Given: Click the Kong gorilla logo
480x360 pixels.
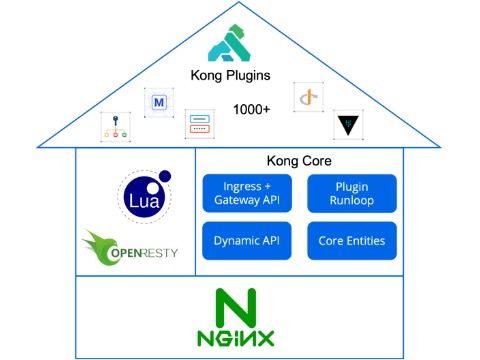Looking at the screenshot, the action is [x=229, y=43].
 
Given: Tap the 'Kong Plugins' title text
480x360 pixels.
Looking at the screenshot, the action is [x=230, y=76].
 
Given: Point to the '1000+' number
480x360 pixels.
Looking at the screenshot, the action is [x=251, y=109].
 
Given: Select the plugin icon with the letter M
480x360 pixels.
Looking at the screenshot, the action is [x=159, y=102].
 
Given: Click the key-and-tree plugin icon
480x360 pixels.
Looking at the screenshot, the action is [x=115, y=127].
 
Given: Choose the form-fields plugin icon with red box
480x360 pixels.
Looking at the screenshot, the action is [x=200, y=124].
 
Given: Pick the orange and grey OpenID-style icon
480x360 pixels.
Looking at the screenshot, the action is [x=309, y=97].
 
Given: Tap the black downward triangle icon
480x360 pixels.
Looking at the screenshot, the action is [x=348, y=125].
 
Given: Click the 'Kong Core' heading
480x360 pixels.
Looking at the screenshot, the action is [x=299, y=161].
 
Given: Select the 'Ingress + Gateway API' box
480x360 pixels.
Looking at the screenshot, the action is [x=247, y=193].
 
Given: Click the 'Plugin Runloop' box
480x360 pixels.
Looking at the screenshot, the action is [x=352, y=193].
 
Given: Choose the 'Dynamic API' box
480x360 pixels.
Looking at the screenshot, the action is [x=247, y=241].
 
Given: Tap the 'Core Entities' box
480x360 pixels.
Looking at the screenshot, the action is [x=352, y=241].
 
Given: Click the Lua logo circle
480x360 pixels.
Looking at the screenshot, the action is [x=144, y=197].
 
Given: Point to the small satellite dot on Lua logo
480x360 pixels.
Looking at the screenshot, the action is [x=165, y=176].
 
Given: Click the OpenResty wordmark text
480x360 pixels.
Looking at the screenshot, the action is [x=144, y=253].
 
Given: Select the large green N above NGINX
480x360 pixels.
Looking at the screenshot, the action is [x=236, y=308].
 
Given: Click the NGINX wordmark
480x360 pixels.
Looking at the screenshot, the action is [x=236, y=338].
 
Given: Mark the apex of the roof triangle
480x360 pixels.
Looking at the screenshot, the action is [x=239, y=2].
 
